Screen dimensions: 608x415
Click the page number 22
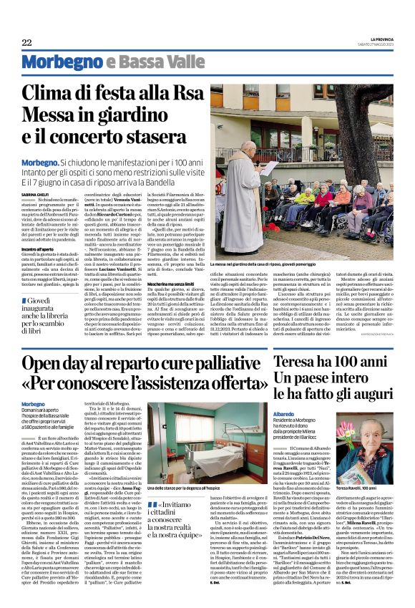26,43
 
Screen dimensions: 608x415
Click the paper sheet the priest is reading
271,166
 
